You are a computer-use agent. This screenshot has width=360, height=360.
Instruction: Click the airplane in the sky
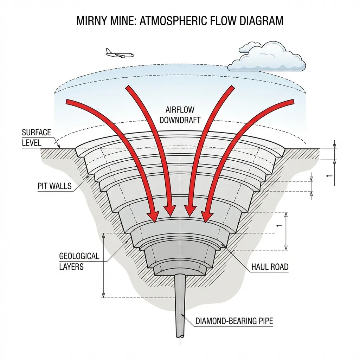[119, 53]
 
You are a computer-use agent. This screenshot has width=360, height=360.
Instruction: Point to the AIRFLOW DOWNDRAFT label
[180, 115]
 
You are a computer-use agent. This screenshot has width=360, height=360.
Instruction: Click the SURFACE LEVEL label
[36, 138]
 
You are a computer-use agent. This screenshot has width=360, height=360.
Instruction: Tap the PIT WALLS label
[54, 186]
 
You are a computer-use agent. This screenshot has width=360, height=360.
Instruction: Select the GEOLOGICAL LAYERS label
[74, 261]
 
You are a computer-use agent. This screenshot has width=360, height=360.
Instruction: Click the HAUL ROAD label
[270, 267]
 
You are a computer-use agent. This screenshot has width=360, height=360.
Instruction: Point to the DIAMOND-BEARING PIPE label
[234, 321]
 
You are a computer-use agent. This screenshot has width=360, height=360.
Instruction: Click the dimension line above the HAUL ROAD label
[286, 231]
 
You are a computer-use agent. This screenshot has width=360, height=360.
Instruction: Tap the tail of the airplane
[107, 51]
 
